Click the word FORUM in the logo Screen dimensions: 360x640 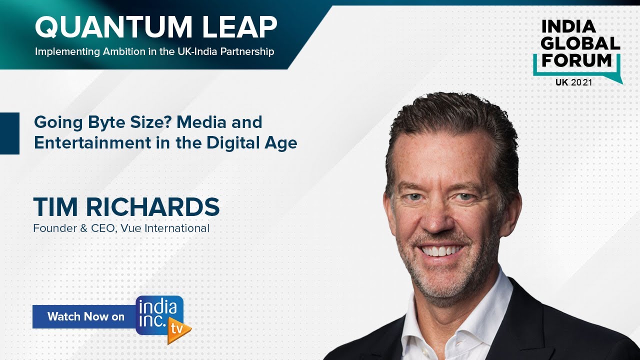[577, 60]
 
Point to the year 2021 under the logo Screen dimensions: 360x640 [581, 82]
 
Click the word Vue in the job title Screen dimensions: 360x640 [131, 229]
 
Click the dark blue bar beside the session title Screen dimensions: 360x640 [9, 133]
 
